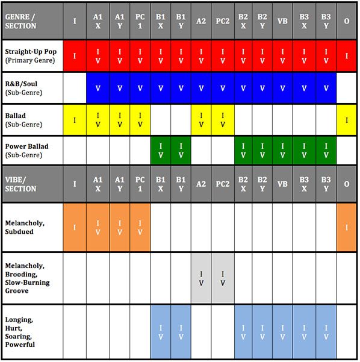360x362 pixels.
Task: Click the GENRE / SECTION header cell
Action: tap(33, 21)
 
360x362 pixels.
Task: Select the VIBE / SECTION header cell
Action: tap(33, 183)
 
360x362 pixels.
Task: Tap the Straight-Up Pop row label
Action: tap(33, 56)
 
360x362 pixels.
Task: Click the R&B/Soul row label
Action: tap(33, 88)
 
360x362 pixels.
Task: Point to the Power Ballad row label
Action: tap(33, 150)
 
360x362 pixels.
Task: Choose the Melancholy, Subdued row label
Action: tap(33, 227)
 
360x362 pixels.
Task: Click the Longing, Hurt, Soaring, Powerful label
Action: tap(33, 332)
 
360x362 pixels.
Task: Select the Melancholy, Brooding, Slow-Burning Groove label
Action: tap(33, 278)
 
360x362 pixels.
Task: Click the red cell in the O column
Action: tap(347, 56)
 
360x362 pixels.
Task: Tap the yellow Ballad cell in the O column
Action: tap(347, 120)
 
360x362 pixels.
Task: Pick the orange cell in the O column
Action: tap(347, 227)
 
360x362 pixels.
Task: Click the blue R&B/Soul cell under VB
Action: tap(283, 88)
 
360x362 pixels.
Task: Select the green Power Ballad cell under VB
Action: tap(283, 150)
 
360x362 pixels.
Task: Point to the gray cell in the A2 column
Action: tap(202, 278)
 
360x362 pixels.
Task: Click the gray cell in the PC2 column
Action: tap(223, 278)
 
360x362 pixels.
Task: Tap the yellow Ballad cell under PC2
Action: tap(223, 120)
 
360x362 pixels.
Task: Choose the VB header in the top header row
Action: tap(283, 21)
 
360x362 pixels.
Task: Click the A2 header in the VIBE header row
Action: tap(202, 183)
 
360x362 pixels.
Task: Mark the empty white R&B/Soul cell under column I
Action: tap(75, 88)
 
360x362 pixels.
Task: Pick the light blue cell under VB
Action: tap(283, 332)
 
